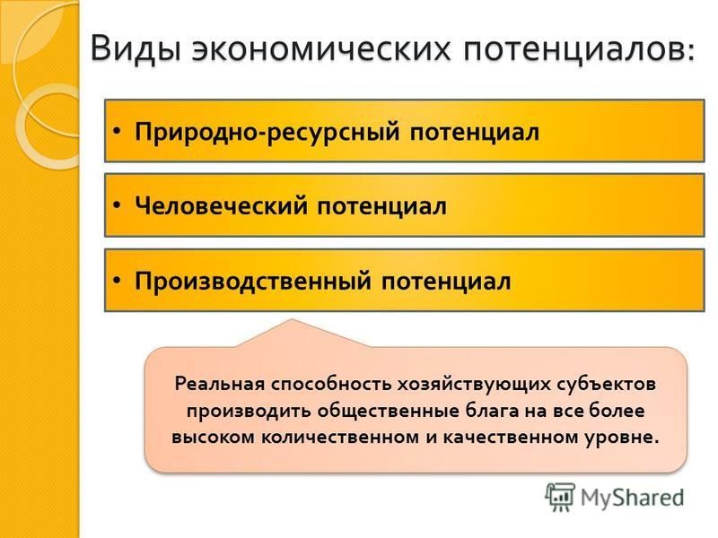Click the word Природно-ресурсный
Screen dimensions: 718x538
(267, 132)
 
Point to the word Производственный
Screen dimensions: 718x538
(253, 281)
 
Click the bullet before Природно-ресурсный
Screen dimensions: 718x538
(118, 131)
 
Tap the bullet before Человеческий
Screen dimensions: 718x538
(118, 206)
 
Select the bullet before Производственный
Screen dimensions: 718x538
(118, 280)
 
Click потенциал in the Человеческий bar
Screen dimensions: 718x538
(382, 206)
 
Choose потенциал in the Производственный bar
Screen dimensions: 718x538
(446, 281)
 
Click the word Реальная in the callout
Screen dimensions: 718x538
(220, 384)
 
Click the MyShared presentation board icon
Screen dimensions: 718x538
(560, 497)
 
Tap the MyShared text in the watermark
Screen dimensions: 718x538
(632, 498)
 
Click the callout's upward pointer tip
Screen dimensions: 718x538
(292, 319)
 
